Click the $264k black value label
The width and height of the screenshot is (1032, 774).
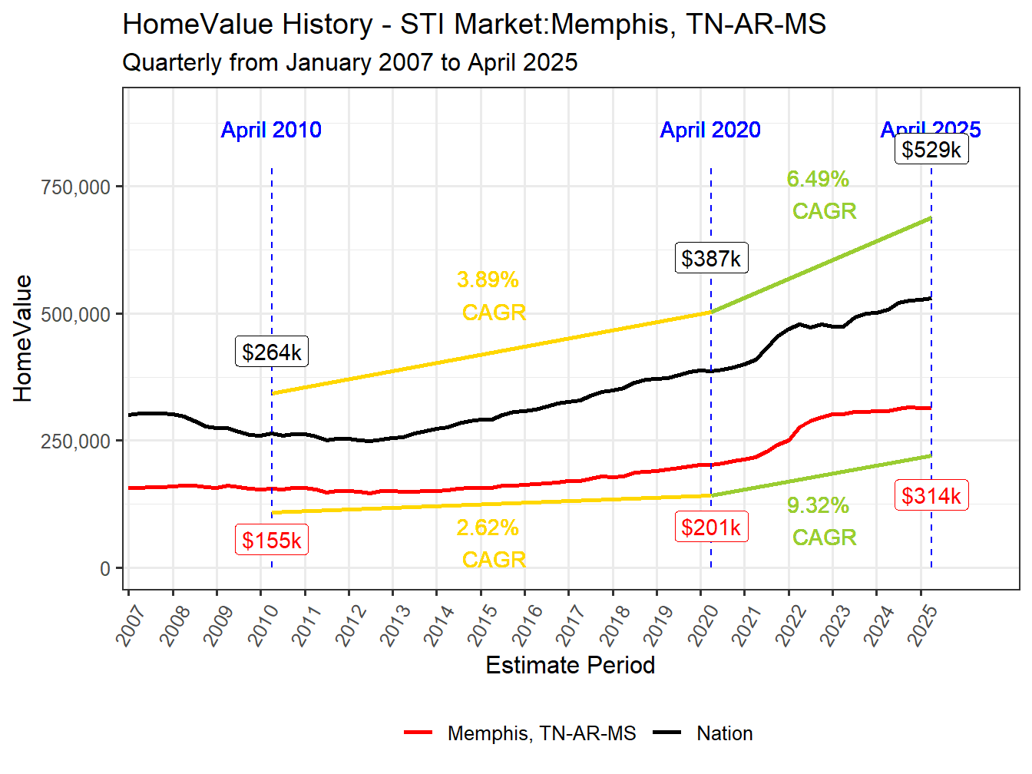tap(272, 352)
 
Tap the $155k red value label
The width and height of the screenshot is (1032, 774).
tap(272, 540)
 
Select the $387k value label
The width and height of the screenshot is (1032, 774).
tap(711, 258)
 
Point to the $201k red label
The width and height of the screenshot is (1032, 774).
tap(711, 528)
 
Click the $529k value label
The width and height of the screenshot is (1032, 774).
tap(931, 149)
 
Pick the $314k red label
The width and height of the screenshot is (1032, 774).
tap(931, 496)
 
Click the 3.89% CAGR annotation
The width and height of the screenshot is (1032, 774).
tap(491, 296)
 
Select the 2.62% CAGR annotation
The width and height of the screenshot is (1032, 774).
tap(491, 544)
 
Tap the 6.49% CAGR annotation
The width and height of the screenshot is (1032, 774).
tap(820, 195)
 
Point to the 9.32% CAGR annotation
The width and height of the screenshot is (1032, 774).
tap(820, 521)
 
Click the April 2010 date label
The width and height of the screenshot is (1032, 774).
tap(271, 130)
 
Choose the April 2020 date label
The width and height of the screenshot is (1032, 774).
tap(710, 130)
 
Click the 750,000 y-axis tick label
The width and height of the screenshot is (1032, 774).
tap(76, 187)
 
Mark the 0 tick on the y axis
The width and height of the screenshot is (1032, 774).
tap(105, 569)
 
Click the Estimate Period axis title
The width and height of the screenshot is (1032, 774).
tap(570, 665)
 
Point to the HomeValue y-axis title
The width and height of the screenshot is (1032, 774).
tap(23, 339)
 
